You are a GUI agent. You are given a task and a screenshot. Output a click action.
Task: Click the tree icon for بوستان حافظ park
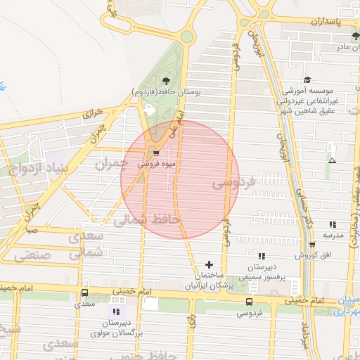point(166,81)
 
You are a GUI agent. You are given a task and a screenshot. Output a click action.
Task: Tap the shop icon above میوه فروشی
point(156,152)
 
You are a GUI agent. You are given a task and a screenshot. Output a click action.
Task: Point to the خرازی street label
point(94,112)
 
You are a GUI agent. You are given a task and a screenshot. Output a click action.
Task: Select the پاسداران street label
point(327,22)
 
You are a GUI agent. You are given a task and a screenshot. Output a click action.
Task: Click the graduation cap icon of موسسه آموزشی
point(307,80)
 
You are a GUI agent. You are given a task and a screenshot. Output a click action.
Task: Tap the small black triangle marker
point(332,161)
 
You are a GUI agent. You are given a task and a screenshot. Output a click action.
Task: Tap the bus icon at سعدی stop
point(85,292)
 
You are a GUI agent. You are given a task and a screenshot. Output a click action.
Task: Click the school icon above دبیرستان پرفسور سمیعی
point(262,256)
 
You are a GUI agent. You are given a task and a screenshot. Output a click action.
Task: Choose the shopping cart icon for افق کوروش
point(312,244)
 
